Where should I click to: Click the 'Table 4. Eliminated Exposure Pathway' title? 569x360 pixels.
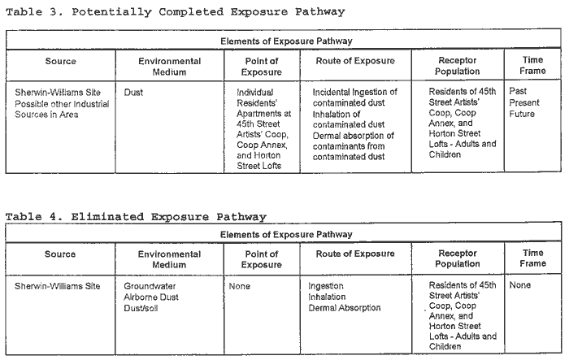click(136, 217)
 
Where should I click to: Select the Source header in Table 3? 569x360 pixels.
click(61, 61)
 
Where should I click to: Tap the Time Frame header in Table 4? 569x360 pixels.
click(532, 258)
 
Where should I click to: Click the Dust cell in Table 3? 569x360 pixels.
click(133, 93)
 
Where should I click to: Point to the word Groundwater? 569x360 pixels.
click(150, 286)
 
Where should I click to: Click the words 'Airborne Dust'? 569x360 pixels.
click(151, 297)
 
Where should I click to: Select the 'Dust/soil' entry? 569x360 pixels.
click(141, 308)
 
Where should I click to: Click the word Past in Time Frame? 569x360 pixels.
click(518, 91)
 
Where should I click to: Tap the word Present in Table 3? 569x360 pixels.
click(524, 102)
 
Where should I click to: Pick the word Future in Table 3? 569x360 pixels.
click(522, 114)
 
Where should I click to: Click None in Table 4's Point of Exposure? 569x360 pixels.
click(240, 286)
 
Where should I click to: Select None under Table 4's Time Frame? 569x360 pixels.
click(520, 285)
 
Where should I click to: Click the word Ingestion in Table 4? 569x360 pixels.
click(326, 286)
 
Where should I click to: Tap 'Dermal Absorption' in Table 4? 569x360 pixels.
click(345, 308)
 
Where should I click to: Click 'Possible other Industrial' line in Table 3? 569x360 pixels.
click(62, 104)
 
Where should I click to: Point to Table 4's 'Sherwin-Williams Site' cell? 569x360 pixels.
click(58, 286)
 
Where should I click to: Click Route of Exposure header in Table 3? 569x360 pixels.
click(355, 61)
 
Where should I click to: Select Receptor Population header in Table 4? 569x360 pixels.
click(458, 258)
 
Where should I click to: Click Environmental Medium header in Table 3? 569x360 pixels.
click(169, 67)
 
